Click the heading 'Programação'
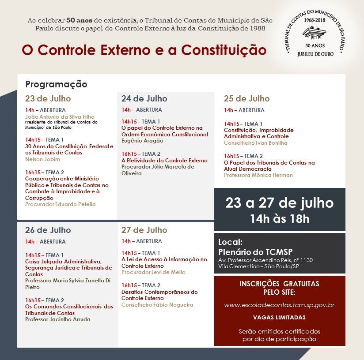click(56, 84)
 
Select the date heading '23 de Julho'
click(48, 98)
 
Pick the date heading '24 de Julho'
click(144, 98)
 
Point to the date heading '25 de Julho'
click(246, 98)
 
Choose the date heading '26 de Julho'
click(48, 230)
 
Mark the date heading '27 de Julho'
click(144, 230)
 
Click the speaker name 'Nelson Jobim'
click(42, 159)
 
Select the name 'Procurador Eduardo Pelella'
click(60, 204)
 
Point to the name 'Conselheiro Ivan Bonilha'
click(255, 143)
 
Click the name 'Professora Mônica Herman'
click(258, 175)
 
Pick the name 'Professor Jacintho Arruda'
click(57, 319)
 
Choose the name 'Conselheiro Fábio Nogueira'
click(157, 305)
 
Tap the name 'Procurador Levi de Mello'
click(153, 272)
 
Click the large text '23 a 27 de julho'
click(279, 203)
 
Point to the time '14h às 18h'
click(279, 218)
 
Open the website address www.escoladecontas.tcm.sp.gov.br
click(279, 305)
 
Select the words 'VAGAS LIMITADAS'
click(279, 317)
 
